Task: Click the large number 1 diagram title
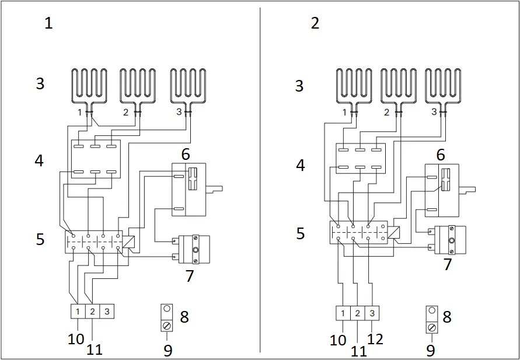(x=48, y=23)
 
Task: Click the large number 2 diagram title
(x=315, y=23)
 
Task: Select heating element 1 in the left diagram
(x=89, y=86)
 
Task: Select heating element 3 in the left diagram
(x=189, y=86)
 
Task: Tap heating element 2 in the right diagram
(x=400, y=86)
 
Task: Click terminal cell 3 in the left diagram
(x=107, y=311)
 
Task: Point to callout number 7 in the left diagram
(x=189, y=275)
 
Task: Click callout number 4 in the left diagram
(x=39, y=160)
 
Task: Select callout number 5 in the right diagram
(x=300, y=234)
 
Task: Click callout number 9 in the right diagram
(x=430, y=350)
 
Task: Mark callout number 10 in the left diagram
(x=76, y=339)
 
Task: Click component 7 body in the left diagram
(x=194, y=250)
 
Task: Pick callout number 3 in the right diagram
(x=299, y=86)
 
